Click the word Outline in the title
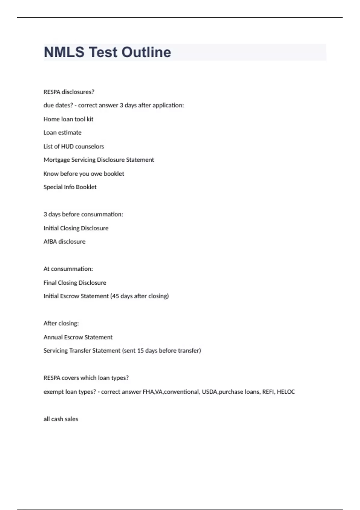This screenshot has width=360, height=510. tap(146, 52)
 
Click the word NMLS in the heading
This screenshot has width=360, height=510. tap(64, 52)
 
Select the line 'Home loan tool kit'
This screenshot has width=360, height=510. tap(68, 119)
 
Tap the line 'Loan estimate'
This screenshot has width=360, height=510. tap(62, 133)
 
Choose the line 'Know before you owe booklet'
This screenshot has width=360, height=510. tap(84, 174)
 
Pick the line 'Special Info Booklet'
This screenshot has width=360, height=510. tap(70, 187)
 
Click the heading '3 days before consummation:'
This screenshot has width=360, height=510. tap(83, 214)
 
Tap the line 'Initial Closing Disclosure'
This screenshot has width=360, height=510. tap(76, 228)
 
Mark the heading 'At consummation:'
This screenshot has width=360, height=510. tap(68, 269)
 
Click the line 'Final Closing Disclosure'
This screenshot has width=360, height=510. tap(75, 283)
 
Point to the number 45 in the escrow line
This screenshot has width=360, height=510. tap(115, 296)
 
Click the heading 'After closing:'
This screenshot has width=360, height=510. tap(61, 323)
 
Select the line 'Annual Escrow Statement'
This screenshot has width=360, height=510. tap(78, 337)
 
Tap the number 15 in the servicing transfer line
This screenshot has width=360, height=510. tap(140, 351)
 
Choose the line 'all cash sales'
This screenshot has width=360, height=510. tap(61, 419)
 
